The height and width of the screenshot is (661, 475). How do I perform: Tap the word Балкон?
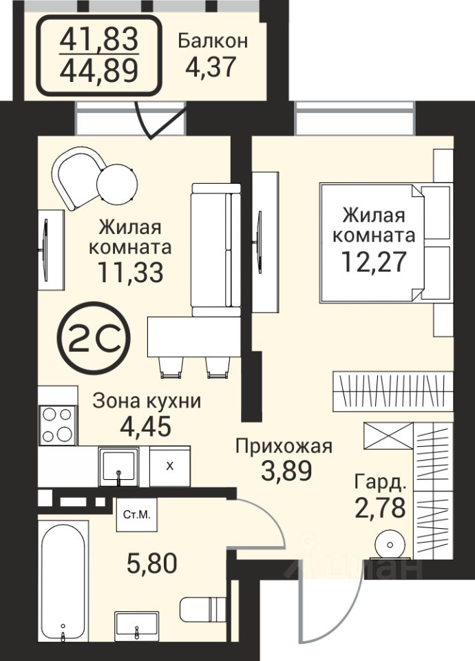pos(213,41)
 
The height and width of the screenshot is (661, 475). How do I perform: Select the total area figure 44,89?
pos(99,70)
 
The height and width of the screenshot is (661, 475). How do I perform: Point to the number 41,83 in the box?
pos(99,39)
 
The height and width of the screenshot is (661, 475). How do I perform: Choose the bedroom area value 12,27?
pos(374,262)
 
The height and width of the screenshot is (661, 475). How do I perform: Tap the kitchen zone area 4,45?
pos(146,426)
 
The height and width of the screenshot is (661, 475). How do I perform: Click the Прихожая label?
pos(284,445)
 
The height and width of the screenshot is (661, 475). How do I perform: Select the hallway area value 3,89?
pos(286,471)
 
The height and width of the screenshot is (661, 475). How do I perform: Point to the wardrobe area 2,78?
pos(381,507)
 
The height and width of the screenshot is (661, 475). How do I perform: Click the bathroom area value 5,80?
pos(151,563)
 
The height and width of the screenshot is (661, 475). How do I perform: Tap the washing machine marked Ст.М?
pos(137,514)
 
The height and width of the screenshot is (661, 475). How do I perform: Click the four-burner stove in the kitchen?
pos(57,425)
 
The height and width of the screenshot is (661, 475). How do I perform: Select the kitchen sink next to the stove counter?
pos(118,466)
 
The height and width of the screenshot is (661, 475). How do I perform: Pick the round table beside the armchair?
pos(117,184)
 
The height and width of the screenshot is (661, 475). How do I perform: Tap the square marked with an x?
pos(170,466)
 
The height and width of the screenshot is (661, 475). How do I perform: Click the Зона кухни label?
pos(147,401)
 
